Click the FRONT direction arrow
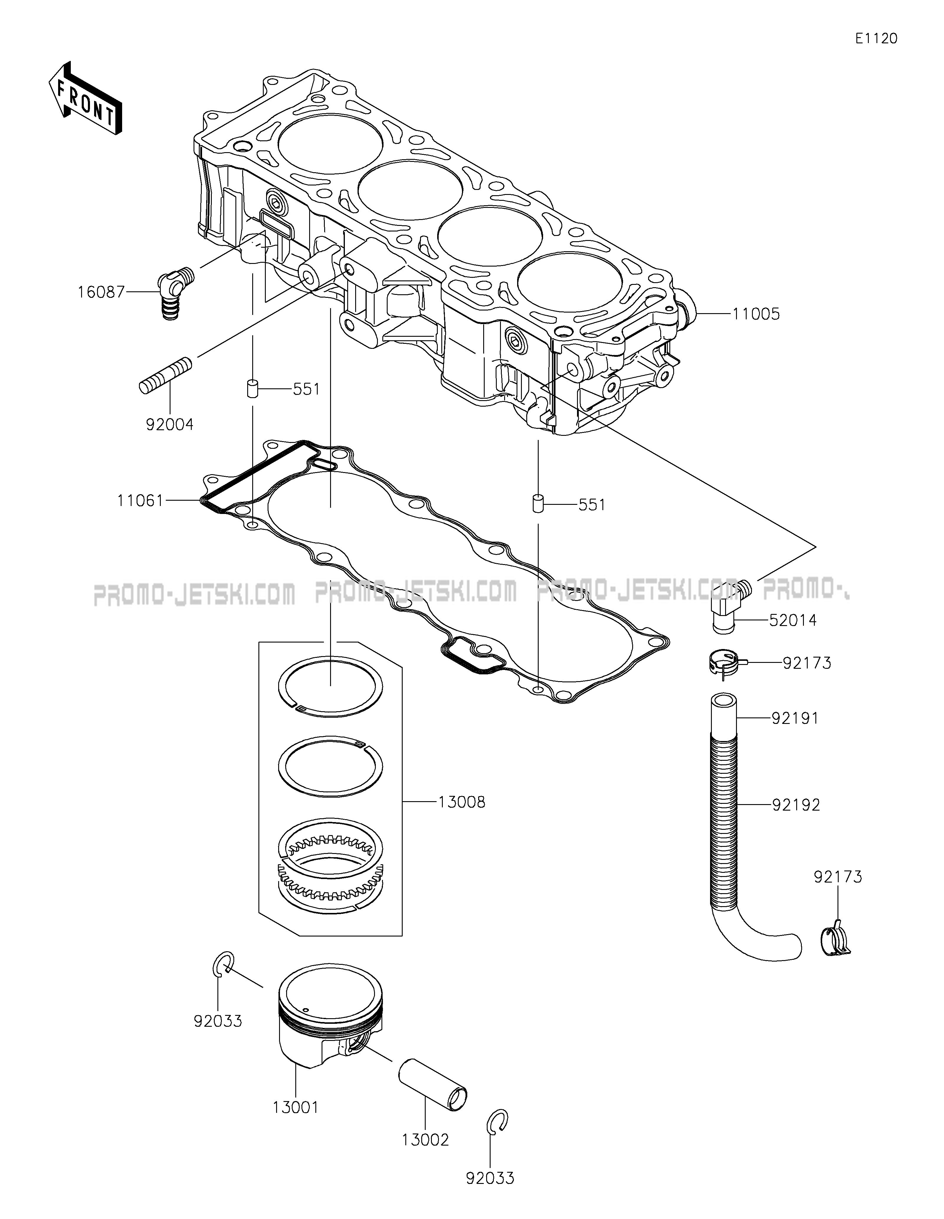click(x=85, y=98)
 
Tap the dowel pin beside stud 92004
click(x=252, y=388)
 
